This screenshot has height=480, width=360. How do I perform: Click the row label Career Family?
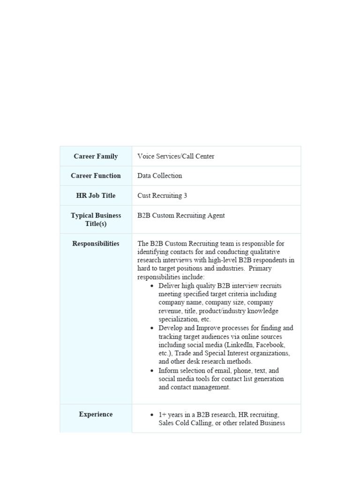coord(96,157)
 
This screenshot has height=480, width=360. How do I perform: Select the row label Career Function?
coord(96,176)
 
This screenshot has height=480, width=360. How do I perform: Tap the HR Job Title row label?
coord(96,195)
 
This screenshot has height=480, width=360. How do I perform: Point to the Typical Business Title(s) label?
coord(96,219)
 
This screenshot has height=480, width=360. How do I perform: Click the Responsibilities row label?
coord(96,244)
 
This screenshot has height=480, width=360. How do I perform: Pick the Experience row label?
coord(96,414)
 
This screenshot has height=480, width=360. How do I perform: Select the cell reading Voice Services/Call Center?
coord(176,157)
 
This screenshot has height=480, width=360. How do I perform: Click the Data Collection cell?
coord(159,176)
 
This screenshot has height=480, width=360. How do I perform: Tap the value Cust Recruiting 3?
coord(162,195)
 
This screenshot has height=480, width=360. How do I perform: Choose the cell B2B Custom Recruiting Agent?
coord(181,216)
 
